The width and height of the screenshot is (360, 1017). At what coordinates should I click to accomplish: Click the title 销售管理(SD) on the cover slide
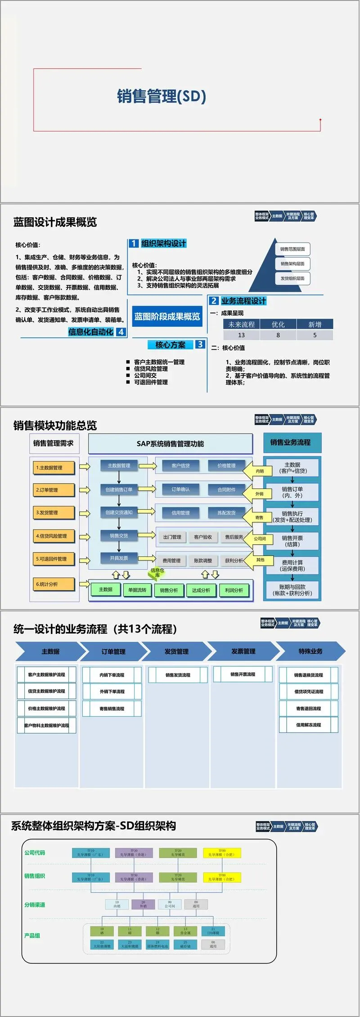(162, 96)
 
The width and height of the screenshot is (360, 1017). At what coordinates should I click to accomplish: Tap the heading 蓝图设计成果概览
(55, 222)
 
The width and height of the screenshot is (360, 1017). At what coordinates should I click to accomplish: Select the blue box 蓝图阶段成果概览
(167, 316)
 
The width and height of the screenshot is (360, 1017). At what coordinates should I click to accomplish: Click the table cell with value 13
(241, 335)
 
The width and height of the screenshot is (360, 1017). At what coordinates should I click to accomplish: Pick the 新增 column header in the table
(315, 324)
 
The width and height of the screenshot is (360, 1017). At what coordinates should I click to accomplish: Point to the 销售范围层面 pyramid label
(292, 249)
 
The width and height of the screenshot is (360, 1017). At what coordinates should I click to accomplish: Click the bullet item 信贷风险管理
(151, 369)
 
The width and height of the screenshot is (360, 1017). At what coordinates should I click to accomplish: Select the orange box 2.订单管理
(53, 490)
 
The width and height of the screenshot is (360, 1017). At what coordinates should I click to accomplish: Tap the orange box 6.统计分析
(53, 584)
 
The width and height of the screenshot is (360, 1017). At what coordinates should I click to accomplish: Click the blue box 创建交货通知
(119, 512)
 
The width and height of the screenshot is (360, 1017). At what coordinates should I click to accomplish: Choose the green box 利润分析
(234, 590)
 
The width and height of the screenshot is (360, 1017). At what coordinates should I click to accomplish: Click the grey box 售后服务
(234, 537)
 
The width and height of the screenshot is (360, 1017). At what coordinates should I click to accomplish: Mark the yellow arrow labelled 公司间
(260, 538)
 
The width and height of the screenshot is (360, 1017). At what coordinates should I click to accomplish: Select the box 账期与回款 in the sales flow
(292, 590)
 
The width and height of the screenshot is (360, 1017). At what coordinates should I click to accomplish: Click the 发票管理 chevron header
(243, 651)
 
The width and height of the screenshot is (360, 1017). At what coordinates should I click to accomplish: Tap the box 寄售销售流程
(112, 709)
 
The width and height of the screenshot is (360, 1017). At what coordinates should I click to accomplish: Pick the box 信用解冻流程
(308, 725)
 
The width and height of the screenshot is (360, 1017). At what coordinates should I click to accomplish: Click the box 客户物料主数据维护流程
(46, 725)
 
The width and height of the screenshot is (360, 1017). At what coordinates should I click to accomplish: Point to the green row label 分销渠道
(35, 904)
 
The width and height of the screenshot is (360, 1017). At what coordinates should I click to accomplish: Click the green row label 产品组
(32, 935)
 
